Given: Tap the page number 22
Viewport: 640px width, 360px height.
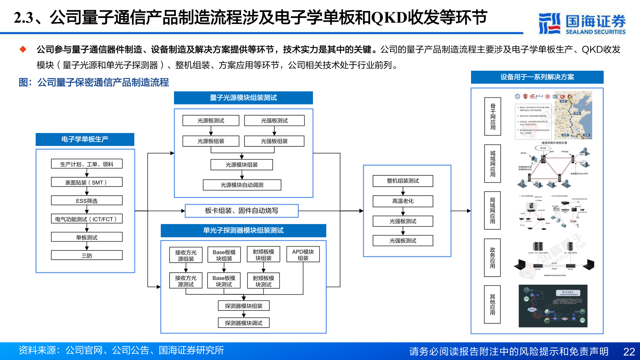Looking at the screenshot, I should click(x=629, y=352).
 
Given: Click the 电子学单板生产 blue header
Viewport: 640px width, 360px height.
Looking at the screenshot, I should click(x=85, y=139).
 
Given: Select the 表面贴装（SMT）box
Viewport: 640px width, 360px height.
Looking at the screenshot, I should click(x=87, y=182).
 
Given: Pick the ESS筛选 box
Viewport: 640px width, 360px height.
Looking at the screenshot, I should click(x=87, y=201).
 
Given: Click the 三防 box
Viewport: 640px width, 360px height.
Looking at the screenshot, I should click(x=87, y=256).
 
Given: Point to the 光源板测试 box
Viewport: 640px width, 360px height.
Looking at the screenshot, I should click(x=211, y=120).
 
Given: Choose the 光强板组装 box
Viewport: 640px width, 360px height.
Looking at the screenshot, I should click(x=274, y=141).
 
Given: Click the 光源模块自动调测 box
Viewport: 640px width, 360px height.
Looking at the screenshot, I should click(x=242, y=185).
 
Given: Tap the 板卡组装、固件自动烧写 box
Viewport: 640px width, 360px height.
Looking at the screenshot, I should click(x=241, y=211).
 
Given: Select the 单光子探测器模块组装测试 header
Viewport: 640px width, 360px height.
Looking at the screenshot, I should click(x=243, y=230).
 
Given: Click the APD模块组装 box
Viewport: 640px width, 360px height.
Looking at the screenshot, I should click(x=303, y=255).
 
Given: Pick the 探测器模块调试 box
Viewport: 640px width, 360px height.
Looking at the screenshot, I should click(x=243, y=323).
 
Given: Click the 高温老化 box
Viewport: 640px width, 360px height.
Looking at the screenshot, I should click(x=403, y=201).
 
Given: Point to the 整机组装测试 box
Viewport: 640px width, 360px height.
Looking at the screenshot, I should click(x=403, y=181).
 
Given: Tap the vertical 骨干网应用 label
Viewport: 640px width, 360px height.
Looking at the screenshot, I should click(x=492, y=116).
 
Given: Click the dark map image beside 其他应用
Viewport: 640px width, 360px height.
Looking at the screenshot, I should click(x=553, y=306).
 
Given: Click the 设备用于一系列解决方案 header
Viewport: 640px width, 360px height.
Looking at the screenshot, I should click(x=537, y=77).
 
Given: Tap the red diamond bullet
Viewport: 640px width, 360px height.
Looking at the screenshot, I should click(x=23, y=49).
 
